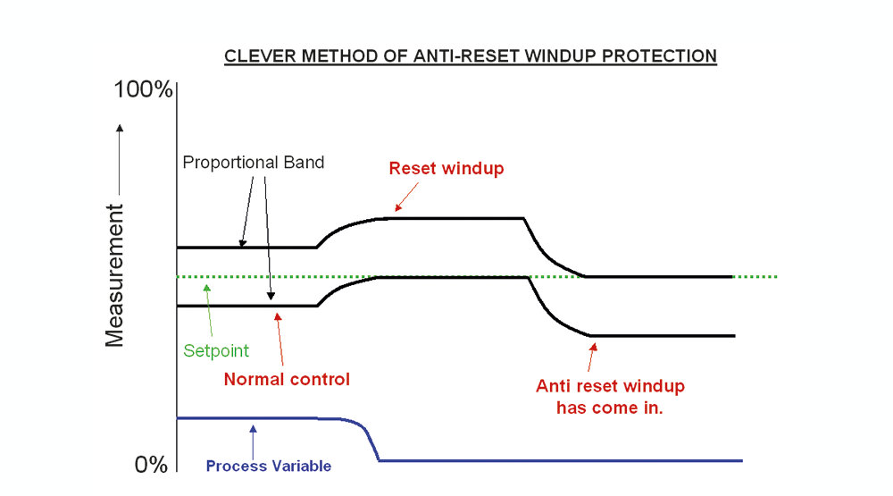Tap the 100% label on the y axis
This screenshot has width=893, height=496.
click(143, 89)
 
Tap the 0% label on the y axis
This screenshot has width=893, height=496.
click(151, 465)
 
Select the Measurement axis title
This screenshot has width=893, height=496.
click(114, 275)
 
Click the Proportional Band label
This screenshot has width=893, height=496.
click(254, 163)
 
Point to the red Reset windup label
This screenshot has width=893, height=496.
click(446, 168)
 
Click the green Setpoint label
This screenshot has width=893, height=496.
click(216, 350)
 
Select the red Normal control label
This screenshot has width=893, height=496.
click(287, 379)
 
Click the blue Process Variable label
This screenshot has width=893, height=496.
click(268, 466)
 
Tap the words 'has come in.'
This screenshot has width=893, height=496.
click(609, 408)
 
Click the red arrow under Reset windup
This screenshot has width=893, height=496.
click(406, 197)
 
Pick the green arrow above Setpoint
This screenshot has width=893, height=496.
click(209, 310)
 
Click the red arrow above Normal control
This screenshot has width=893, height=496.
click(280, 340)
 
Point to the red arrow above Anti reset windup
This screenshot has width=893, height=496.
click(592, 357)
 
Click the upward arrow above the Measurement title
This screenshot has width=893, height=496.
click(120, 159)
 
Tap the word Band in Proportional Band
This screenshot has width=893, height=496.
click(305, 163)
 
